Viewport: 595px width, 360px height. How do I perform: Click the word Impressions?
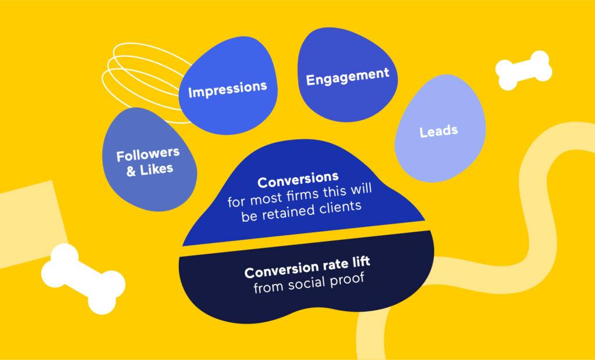228,89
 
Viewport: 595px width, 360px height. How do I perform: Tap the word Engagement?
347,77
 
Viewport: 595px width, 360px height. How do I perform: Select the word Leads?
439,131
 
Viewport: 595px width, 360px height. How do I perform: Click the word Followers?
148,155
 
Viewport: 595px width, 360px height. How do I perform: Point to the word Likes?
157,169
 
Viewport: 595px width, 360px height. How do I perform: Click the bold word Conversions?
298,180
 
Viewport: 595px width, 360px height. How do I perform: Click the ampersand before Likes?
131,171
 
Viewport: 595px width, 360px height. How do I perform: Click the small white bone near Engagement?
524,70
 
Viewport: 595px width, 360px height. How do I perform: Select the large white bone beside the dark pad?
83,279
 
